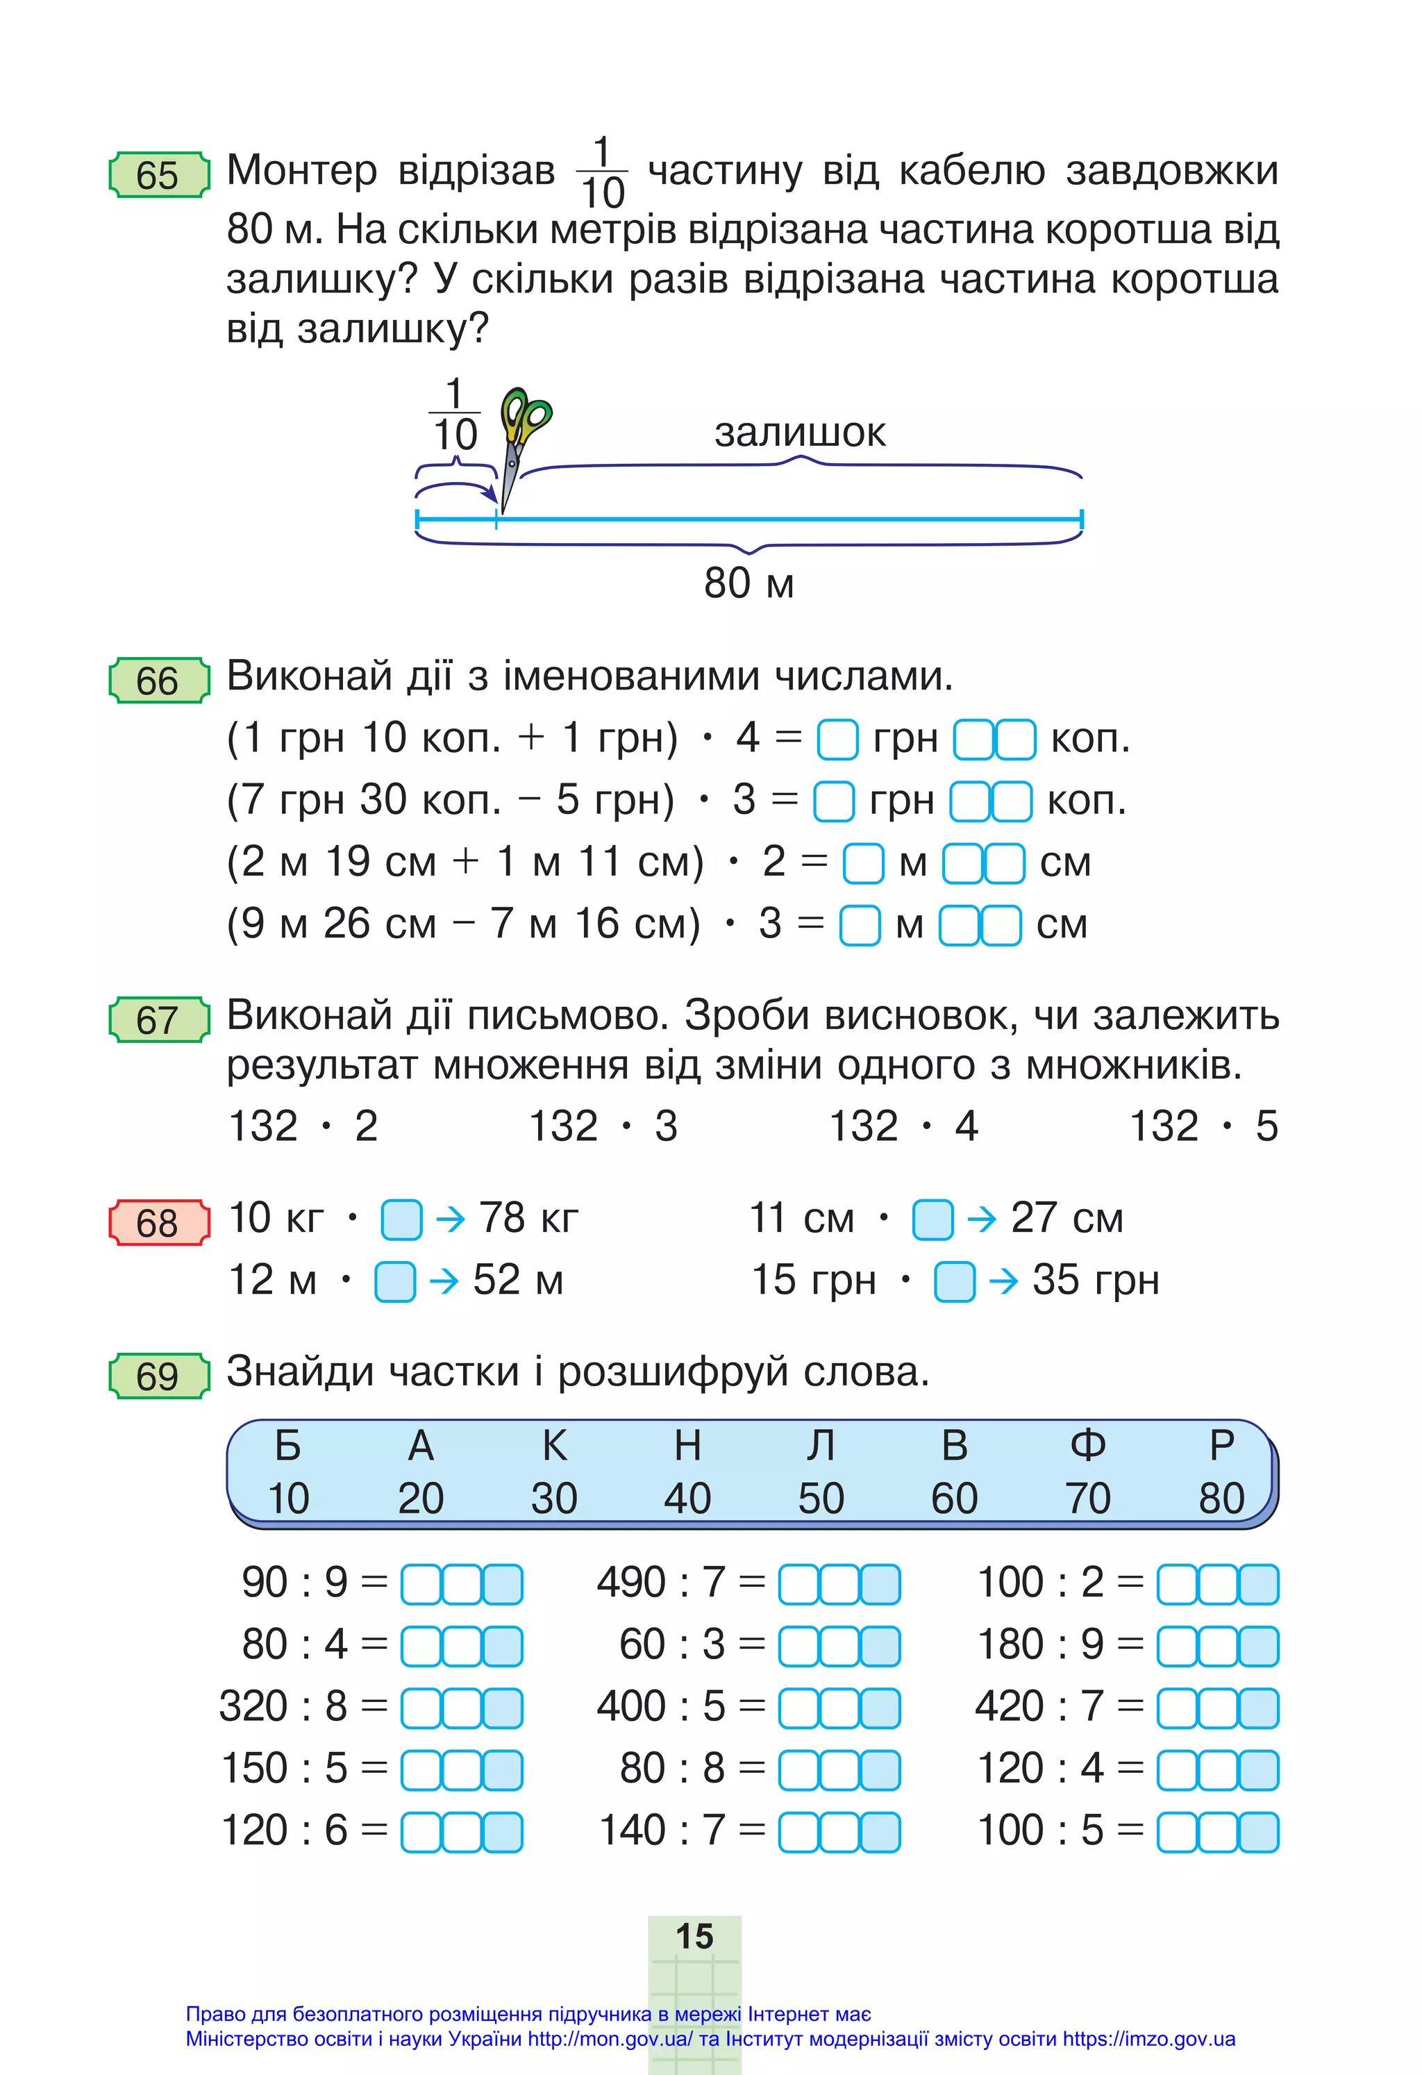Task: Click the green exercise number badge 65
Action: [x=158, y=175]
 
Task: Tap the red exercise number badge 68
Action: [x=158, y=1222]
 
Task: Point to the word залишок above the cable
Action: [x=799, y=433]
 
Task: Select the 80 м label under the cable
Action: [x=748, y=584]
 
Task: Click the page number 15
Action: [x=694, y=1937]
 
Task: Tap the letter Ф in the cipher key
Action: [x=1087, y=1446]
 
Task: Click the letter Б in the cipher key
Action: [x=287, y=1446]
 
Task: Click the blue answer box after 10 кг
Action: [x=401, y=1219]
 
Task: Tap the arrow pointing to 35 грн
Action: [x=1003, y=1282]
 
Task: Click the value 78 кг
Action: [x=528, y=1218]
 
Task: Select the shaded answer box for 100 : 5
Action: [x=1259, y=1831]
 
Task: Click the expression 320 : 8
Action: [x=283, y=1706]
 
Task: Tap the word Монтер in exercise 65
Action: [x=302, y=171]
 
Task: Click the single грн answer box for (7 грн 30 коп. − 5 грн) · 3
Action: [x=834, y=801]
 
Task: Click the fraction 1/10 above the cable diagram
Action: [x=454, y=415]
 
